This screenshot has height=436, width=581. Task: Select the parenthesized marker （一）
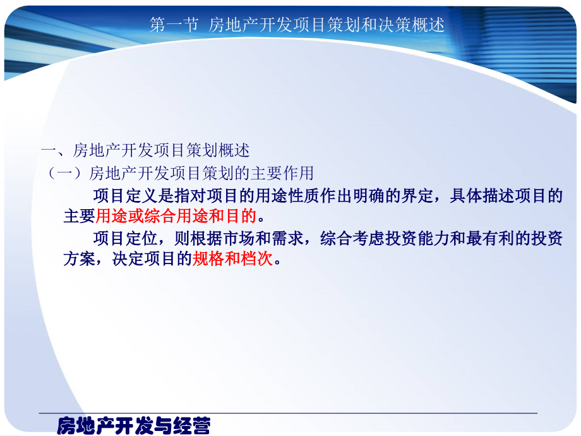pos(66,173)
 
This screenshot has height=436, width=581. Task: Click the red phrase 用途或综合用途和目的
pos(176,217)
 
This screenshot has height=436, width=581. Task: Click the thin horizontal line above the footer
pos(287,413)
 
